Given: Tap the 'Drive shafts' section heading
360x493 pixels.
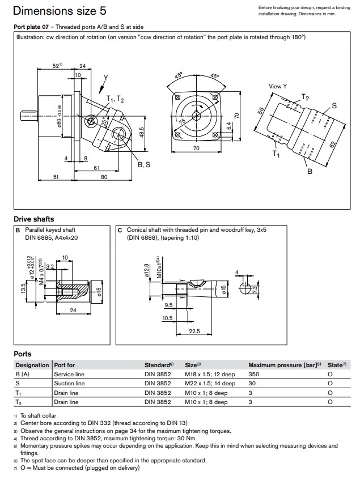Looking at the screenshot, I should coord(34,219).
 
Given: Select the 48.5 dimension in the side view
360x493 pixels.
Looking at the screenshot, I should coord(142,130).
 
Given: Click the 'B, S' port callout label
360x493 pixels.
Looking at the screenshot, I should coord(144,164).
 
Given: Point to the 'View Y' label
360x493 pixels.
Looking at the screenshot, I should coord(278,86).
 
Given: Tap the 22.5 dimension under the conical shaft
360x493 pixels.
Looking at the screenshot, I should coord(194,331).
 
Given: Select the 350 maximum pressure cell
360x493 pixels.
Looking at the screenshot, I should coord(255,374).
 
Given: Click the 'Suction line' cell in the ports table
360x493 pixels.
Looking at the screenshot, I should coord(69,384).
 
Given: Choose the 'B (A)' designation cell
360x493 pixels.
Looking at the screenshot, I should coord(24,374).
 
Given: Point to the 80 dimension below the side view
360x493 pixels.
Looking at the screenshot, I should coord(104,177).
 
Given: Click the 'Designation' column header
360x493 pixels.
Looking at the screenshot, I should coord(32,365).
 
